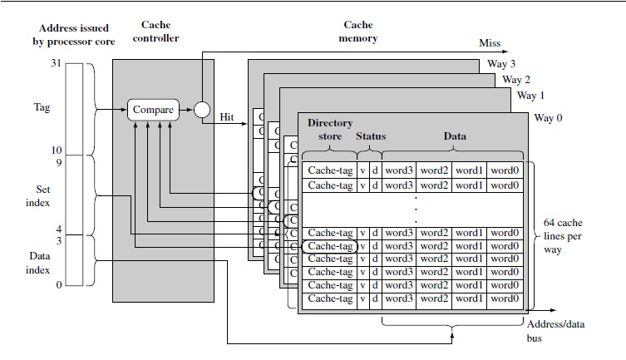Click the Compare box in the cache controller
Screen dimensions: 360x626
[154, 109]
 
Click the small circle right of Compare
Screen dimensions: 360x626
[201, 109]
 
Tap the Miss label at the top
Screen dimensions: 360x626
[490, 43]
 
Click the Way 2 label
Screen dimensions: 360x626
[516, 80]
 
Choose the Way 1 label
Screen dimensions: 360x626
[532, 96]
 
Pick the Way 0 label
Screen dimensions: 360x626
[548, 118]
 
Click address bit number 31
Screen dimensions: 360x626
[57, 63]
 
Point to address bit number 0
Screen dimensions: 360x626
[58, 286]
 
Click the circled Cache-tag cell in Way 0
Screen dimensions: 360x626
[330, 246]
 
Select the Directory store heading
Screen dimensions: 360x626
[330, 130]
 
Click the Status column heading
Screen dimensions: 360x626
[371, 136]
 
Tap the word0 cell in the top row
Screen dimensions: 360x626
[505, 171]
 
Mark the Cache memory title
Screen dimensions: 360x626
[359, 32]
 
